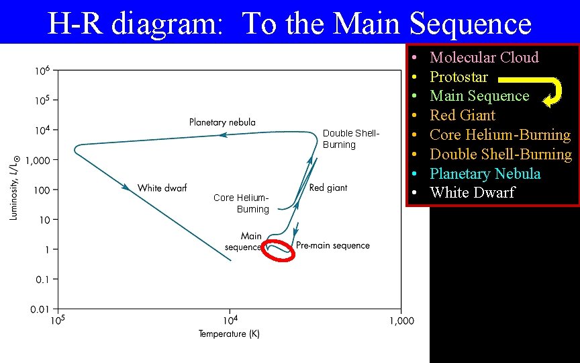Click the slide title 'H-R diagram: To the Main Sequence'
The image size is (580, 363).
289,24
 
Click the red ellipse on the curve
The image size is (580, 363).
279,249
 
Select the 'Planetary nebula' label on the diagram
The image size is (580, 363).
222,122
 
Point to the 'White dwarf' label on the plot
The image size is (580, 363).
162,188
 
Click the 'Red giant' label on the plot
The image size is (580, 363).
328,188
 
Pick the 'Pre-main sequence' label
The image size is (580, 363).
333,245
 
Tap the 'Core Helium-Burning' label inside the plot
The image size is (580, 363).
242,203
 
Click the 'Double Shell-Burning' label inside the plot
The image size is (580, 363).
350,139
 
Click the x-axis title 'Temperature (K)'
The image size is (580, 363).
229,334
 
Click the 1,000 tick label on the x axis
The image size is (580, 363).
401,321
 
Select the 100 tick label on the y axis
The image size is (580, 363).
42,190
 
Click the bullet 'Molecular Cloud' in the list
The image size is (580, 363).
484,57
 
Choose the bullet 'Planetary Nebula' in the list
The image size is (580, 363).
485,173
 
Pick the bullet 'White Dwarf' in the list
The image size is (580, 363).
472,193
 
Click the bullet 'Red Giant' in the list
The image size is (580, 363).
462,115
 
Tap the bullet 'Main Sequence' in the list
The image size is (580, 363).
479,96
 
